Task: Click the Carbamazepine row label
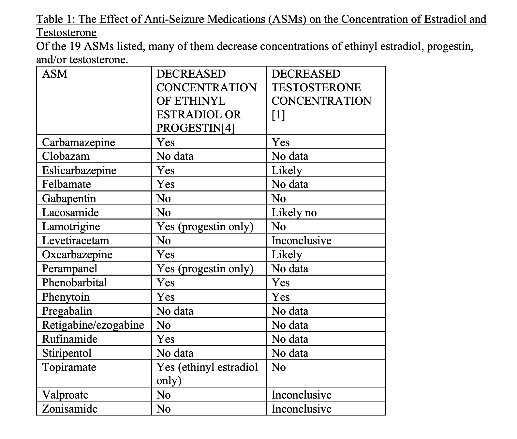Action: click(79, 143)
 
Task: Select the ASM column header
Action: click(55, 74)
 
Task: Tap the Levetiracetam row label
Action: click(76, 241)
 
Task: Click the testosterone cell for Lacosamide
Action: click(294, 213)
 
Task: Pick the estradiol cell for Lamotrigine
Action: click(205, 227)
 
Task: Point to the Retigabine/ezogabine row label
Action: click(93, 325)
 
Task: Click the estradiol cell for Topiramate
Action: click(207, 374)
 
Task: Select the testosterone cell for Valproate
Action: click(302, 395)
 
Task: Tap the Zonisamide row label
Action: click(70, 409)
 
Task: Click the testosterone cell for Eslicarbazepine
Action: click(287, 171)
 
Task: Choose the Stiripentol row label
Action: click(67, 353)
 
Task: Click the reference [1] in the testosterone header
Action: click(278, 115)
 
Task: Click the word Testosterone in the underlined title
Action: click(66, 33)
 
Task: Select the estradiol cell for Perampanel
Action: click(205, 269)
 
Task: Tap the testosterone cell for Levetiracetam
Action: click(302, 241)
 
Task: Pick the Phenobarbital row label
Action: click(75, 282)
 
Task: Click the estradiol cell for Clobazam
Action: click(175, 156)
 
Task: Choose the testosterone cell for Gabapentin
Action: click(279, 199)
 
